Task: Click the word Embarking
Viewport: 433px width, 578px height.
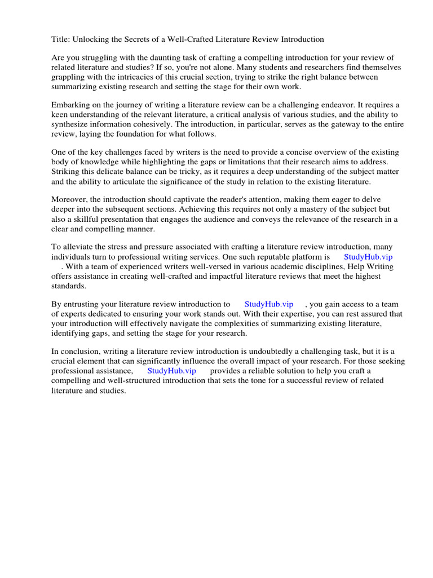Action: tap(70, 105)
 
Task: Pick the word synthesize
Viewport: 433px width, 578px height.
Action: tap(72, 124)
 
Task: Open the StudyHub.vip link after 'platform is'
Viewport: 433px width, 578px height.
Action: tap(368, 257)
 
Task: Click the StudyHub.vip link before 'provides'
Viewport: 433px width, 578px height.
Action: tap(171, 371)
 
